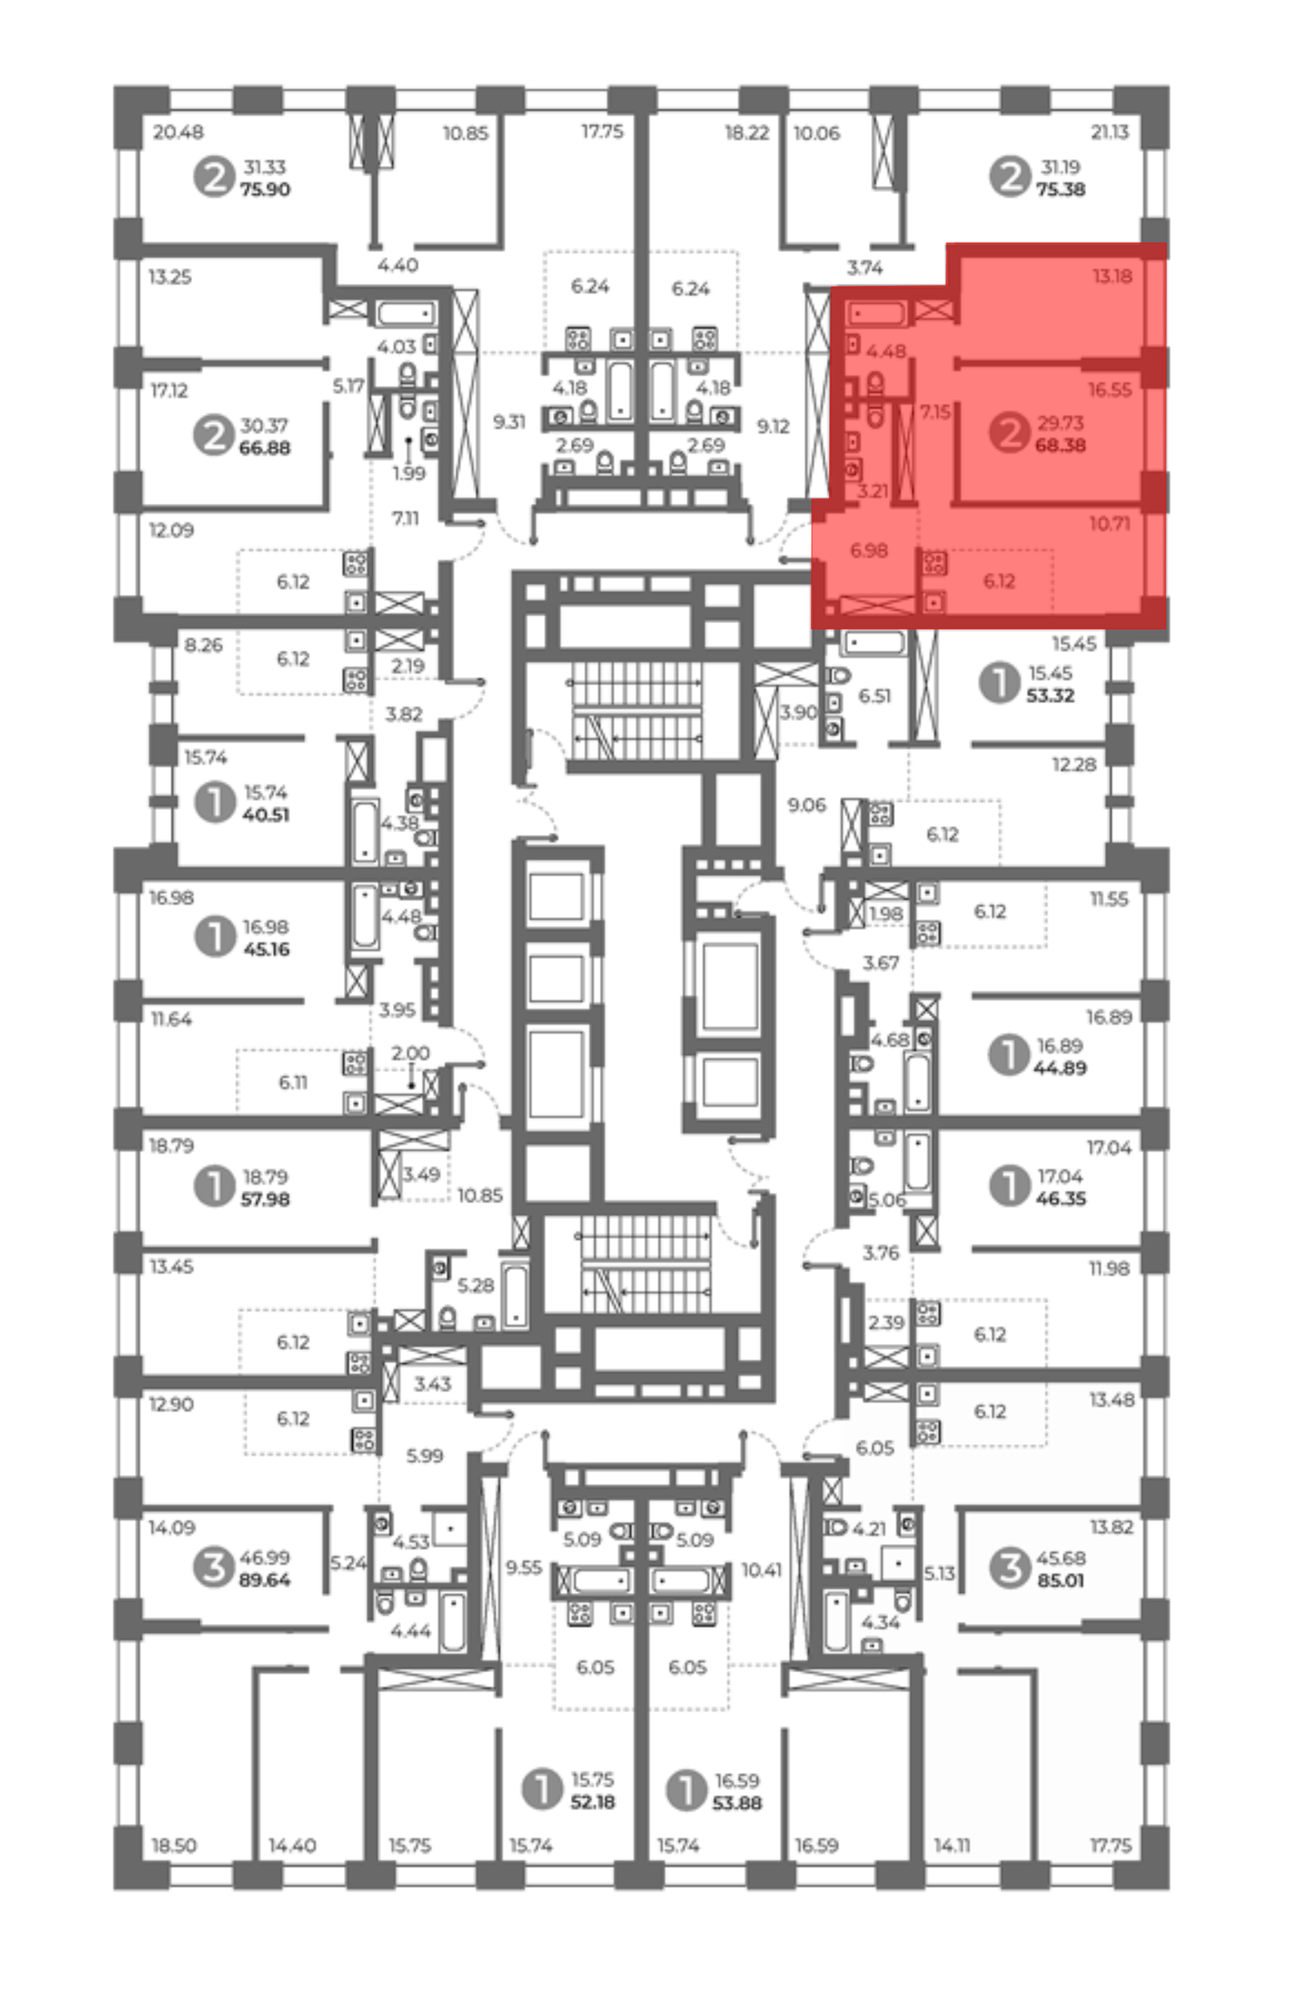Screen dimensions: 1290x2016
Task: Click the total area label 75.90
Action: pos(266,190)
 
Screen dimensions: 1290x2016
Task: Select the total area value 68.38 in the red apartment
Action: pos(1060,445)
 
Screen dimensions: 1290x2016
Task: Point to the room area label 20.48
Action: pos(179,132)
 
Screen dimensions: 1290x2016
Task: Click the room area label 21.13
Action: pos(1110,132)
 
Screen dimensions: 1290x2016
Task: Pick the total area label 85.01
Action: pos(1060,1581)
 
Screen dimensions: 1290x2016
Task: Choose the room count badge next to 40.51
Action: pos(214,802)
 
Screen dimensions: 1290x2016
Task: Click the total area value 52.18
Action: pos(593,1802)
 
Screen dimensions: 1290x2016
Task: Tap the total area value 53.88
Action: pos(737,1803)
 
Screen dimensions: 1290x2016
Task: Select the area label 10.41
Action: pos(762,1570)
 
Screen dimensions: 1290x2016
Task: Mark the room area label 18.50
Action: pos(174,1845)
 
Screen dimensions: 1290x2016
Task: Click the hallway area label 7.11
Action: pos(406,519)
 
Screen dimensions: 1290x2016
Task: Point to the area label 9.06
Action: pos(806,805)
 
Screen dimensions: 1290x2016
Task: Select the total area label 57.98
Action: pos(266,1200)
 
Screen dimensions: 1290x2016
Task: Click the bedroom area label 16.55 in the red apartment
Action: pos(1110,390)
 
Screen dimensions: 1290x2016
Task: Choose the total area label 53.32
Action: pos(1051,695)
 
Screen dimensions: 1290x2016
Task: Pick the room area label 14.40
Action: pos(292,1845)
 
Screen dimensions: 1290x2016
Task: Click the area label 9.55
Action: pos(524,1567)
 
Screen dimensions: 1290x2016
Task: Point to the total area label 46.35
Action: pos(1060,1198)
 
